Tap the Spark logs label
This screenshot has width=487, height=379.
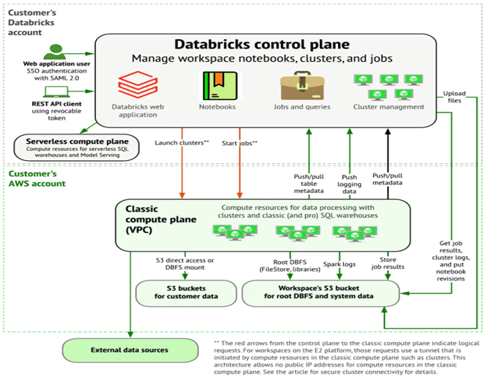click(339, 265)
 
